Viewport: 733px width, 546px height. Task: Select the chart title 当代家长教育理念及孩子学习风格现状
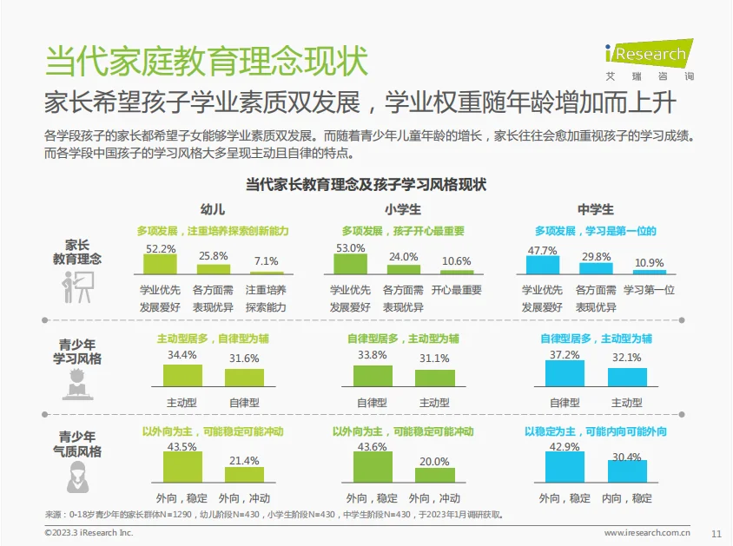point(366,184)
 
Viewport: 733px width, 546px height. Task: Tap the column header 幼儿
point(213,210)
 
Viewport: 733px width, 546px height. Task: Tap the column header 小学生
point(403,210)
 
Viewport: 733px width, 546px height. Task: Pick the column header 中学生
point(596,210)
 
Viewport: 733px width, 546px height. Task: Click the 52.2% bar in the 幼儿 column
point(161,265)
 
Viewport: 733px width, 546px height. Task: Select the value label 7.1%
point(266,261)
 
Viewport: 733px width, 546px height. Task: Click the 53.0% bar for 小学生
point(351,264)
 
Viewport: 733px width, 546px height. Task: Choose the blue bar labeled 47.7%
point(543,266)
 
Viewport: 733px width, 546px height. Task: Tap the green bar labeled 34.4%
point(182,375)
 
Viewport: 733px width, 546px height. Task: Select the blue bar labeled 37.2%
point(565,373)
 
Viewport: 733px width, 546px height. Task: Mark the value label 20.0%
point(434,462)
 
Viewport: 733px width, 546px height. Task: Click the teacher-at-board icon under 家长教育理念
point(77,287)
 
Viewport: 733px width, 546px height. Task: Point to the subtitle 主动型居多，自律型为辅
point(213,338)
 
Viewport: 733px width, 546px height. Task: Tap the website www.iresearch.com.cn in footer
point(647,533)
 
